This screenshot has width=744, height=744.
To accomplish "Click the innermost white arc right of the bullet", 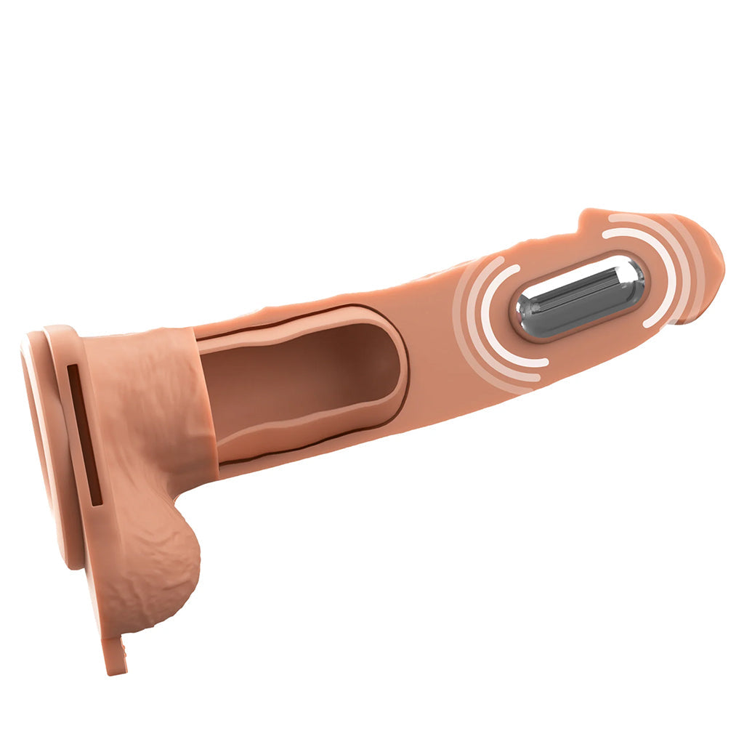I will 658,272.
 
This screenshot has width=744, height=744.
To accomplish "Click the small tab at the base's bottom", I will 116,658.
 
